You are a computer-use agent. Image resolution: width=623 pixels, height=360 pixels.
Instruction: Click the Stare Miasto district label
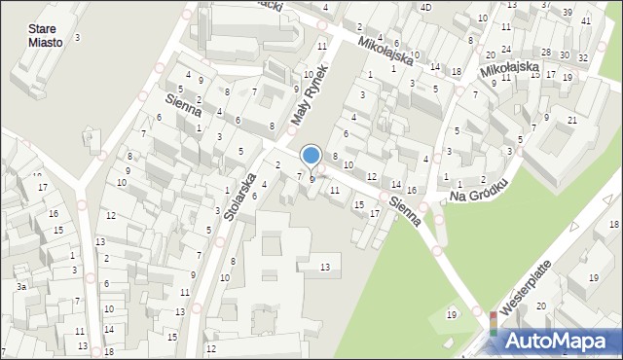click(x=46, y=36)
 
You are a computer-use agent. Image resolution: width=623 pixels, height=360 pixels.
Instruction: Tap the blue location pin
click(x=311, y=156)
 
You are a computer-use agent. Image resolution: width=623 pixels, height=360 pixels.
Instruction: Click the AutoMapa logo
click(x=551, y=340)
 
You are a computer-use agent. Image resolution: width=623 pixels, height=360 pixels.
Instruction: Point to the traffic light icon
click(x=494, y=324)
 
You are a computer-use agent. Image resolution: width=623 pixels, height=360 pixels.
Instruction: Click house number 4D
click(x=425, y=8)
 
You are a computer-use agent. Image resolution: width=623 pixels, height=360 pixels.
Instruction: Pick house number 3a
click(x=19, y=287)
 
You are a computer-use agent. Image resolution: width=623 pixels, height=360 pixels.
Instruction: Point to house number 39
click(x=568, y=12)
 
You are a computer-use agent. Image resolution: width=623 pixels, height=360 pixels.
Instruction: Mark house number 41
click(x=585, y=20)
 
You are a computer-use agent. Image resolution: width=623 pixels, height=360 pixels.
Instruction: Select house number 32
click(x=582, y=58)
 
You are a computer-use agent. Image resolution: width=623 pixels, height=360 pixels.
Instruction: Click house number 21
click(x=572, y=120)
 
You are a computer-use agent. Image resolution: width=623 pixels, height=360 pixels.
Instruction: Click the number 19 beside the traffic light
click(x=451, y=314)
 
